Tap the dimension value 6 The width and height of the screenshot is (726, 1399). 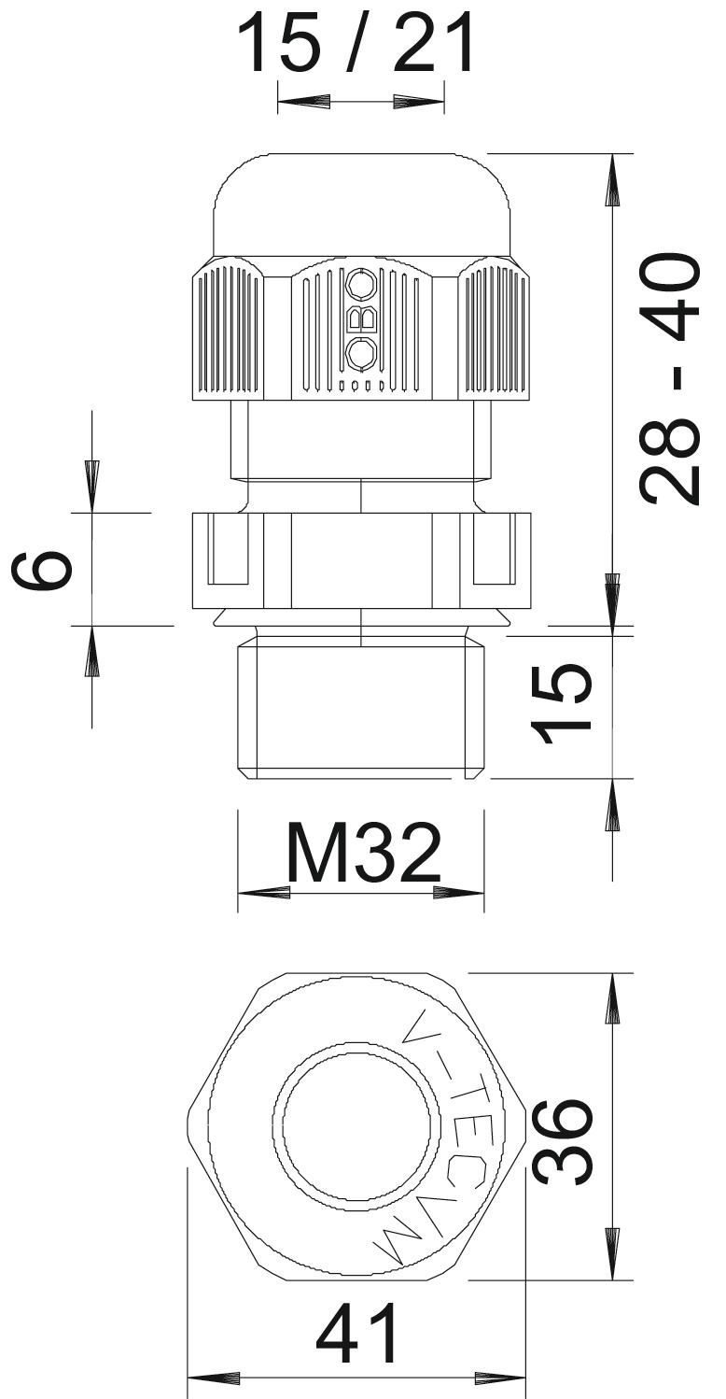pyautogui.click(x=42, y=570)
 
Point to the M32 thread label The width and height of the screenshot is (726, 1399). pyautogui.click(x=363, y=852)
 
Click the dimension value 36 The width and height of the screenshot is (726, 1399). pyautogui.click(x=561, y=1142)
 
